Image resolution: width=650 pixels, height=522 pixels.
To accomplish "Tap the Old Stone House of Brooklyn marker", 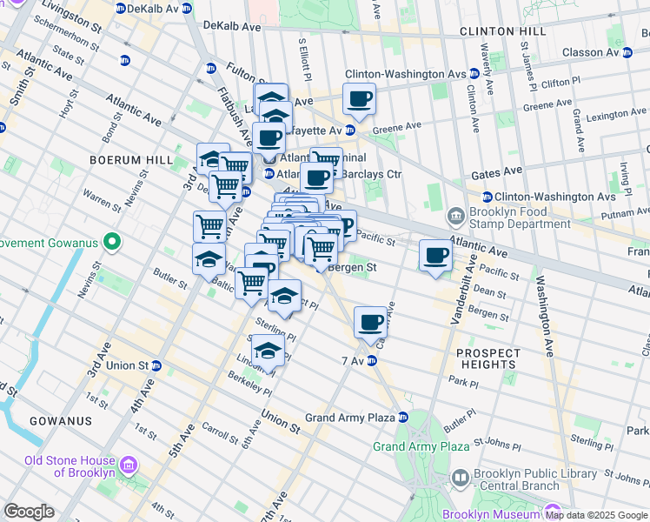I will point(129,466).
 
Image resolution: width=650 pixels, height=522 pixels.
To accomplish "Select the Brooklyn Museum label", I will point(491,514).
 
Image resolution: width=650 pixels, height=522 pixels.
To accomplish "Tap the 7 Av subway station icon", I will point(372,360).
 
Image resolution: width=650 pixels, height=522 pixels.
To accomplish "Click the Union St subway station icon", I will point(156,365).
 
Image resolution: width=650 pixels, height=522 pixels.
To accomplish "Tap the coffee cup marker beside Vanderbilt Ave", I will point(436,256).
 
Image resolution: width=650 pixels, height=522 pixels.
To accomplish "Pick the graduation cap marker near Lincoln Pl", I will point(269,351).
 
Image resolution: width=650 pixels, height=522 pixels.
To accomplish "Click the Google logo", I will point(29,512).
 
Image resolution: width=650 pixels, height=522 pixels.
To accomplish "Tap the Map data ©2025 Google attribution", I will point(595,515).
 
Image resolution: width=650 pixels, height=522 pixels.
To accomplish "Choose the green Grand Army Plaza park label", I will point(421,446).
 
